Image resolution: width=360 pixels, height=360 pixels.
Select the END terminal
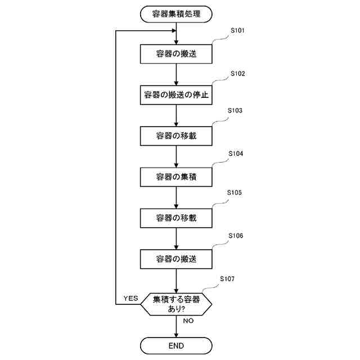(177, 345)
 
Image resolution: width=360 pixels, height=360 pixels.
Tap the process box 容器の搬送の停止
(177, 95)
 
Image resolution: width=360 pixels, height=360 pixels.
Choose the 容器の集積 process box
(177, 177)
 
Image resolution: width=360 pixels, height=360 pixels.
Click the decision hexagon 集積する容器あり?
(177, 304)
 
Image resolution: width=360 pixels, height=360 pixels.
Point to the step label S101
(237, 30)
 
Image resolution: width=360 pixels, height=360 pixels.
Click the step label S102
(237, 74)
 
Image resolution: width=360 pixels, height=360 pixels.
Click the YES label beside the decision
(130, 298)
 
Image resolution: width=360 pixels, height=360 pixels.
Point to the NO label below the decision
(188, 321)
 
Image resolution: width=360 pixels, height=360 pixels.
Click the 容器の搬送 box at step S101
(177, 54)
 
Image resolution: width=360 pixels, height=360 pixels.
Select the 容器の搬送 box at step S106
(177, 259)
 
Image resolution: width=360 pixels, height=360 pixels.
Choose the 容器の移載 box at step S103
(177, 136)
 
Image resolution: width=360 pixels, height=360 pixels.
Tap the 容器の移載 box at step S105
(177, 218)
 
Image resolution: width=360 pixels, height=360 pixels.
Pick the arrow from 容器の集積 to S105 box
(177, 197)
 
